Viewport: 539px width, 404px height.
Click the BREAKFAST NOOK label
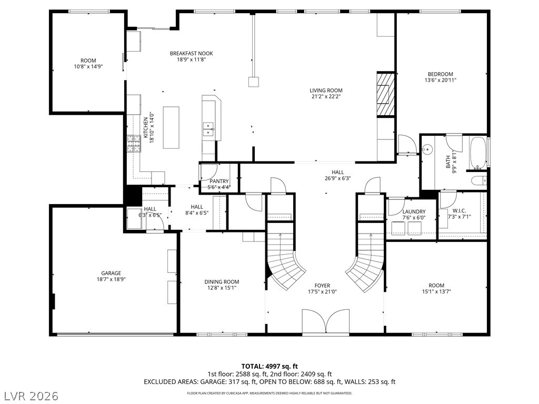click(191, 53)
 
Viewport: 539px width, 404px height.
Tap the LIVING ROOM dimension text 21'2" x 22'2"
click(326, 97)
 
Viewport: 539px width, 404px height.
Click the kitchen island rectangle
click(171, 127)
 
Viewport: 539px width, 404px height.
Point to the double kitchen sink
click(208, 129)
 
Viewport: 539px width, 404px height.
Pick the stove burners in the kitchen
click(134, 144)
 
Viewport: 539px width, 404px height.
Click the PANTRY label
click(219, 181)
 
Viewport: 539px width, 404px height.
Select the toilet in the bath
click(479, 180)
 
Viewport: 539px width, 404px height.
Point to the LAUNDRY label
click(414, 211)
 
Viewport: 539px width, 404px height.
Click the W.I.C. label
click(459, 210)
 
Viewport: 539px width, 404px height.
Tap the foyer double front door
click(326, 321)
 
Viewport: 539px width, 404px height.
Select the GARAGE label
click(111, 274)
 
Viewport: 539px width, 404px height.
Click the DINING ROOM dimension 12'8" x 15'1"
click(222, 288)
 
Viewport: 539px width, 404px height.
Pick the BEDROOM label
click(441, 74)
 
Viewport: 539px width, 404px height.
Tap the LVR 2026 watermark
click(29, 396)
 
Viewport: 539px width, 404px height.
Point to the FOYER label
click(323, 286)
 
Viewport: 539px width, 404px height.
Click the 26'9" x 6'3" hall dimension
click(338, 178)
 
